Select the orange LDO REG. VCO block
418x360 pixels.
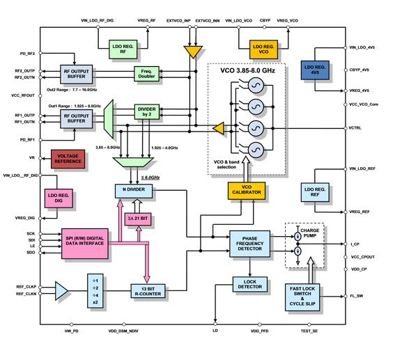point(264,48)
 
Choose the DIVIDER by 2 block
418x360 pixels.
point(147,111)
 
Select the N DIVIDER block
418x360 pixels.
point(134,190)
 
